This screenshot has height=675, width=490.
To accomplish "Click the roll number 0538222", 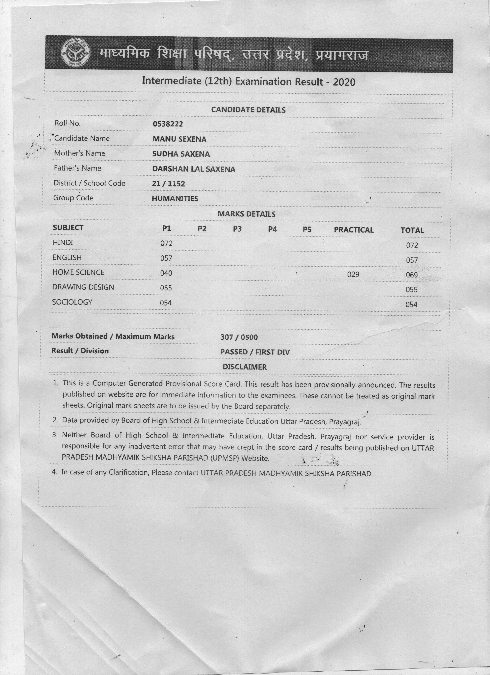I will pos(168,124).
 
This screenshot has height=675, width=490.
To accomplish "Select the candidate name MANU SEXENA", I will pos(179,139).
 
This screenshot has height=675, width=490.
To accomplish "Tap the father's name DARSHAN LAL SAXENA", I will pos(194,169).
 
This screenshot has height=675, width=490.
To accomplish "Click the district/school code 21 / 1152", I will pos(168,184).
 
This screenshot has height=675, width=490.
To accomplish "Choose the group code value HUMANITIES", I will pos(175,198).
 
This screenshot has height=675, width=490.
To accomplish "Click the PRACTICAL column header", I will pos(354,230).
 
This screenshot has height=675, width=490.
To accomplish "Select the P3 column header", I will pos(237,229).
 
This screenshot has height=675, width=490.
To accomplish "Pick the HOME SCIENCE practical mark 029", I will pos(353,274).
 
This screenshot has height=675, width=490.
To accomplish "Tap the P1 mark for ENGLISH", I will pos(166,258).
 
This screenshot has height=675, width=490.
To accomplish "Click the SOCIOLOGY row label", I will pos(72,302).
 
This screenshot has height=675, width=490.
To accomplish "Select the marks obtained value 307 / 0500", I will pos(239,337).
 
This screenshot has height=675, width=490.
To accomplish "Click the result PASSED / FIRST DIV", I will pos(255,352).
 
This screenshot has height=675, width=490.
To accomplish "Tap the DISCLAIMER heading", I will pos(245,367).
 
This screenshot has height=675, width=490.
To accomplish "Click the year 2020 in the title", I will pos(344,82).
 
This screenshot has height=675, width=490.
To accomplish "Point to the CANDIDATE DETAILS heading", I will pos(248,110).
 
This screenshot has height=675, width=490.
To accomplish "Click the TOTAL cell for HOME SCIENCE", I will pos(412,275).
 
